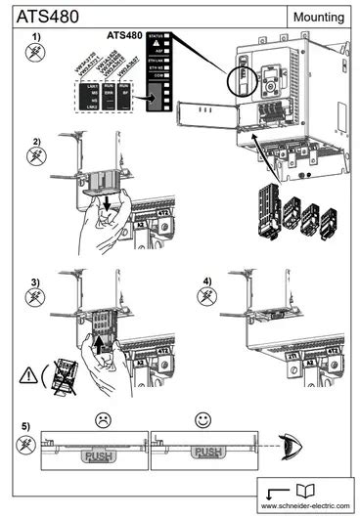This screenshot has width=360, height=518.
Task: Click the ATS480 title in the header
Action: [x=43, y=16]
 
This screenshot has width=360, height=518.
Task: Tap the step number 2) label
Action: [x=37, y=141]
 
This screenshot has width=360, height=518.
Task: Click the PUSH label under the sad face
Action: [x=100, y=455]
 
